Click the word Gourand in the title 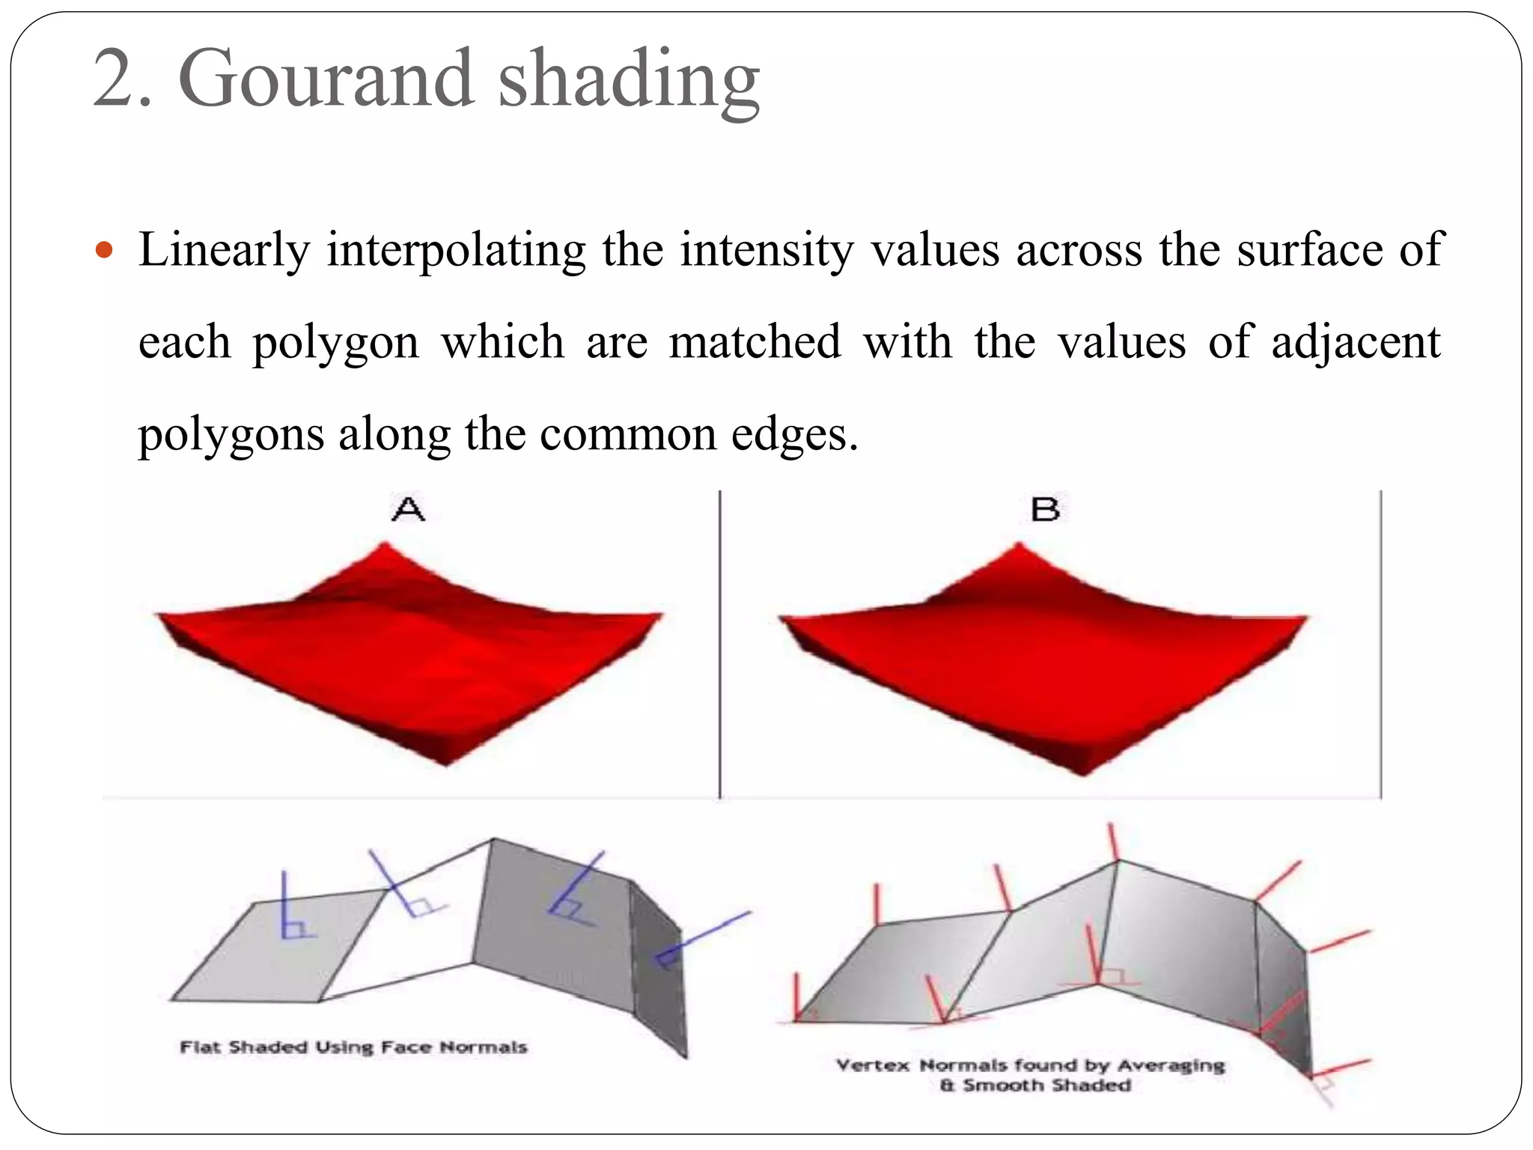pos(326,79)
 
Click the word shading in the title pos(629,81)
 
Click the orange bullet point pos(104,250)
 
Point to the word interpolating pos(456,252)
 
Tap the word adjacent pos(1356,343)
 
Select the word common pos(628,434)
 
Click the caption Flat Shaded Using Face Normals pos(353,1047)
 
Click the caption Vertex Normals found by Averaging pos(1030,1065)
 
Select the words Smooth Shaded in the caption pos(1046,1086)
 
